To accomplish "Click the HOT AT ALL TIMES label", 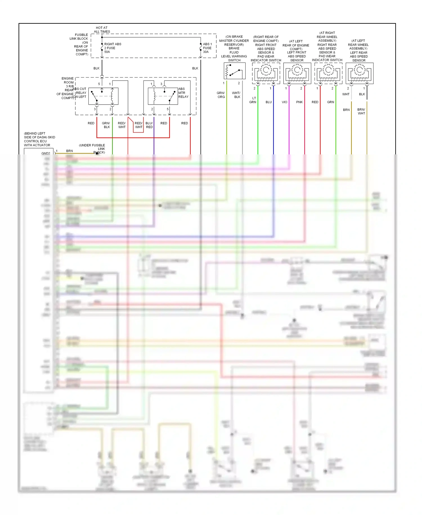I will [x=102, y=30].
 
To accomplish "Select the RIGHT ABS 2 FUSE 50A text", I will [x=112, y=48].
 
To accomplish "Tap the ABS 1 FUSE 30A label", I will [x=207, y=48].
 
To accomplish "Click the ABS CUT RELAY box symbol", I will [x=103, y=96].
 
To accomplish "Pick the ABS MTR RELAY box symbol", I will [x=163, y=96].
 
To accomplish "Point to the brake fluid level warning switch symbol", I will [x=234, y=71].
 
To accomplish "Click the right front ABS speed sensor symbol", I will [x=266, y=73].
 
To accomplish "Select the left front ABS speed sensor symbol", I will [x=297, y=73].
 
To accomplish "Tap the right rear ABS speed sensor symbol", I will [x=328, y=73].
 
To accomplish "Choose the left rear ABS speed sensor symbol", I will [x=360, y=73].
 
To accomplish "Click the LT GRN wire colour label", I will [x=253, y=100].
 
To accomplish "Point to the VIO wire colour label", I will [x=284, y=102].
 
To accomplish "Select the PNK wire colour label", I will [x=299, y=102].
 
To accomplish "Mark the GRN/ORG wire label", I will [x=221, y=95].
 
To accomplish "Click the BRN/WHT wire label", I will [x=361, y=111].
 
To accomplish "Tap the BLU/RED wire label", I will [x=149, y=125].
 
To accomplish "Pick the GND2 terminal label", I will [x=46, y=153].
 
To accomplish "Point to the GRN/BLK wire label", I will [x=106, y=125].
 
